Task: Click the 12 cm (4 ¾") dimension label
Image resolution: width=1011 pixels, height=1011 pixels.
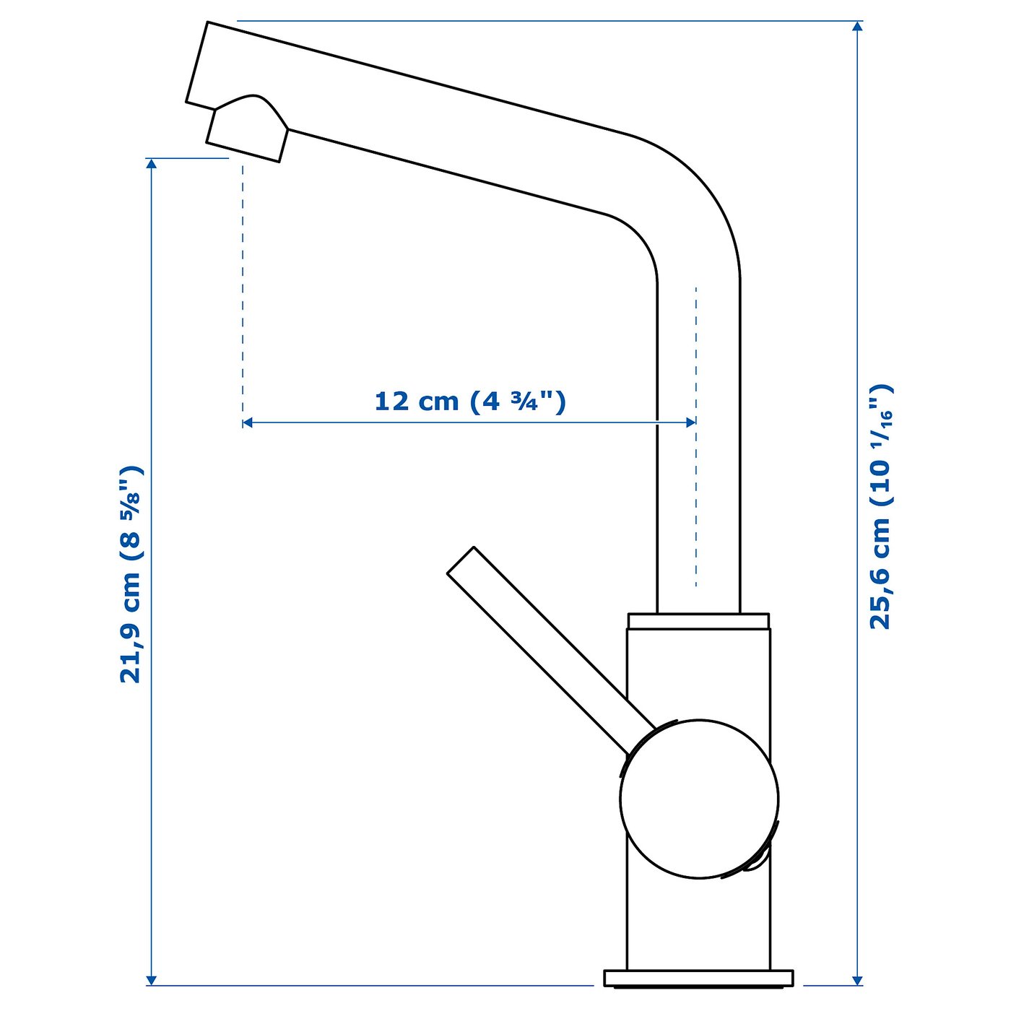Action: (x=469, y=401)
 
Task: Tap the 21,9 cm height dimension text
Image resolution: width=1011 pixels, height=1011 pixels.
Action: (x=131, y=574)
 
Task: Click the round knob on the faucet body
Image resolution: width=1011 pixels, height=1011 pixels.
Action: (x=699, y=799)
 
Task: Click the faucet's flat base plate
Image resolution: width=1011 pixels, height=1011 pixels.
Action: (x=699, y=978)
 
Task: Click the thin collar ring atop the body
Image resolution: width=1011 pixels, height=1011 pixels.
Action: (x=698, y=621)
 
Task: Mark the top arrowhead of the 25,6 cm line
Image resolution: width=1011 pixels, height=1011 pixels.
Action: (x=857, y=27)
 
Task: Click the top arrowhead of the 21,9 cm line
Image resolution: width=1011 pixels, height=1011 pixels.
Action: (x=152, y=164)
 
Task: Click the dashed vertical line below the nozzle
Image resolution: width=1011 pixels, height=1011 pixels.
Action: (x=243, y=289)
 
